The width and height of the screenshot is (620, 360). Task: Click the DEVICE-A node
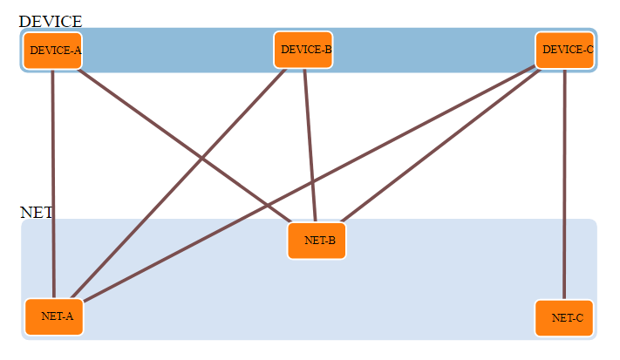52,51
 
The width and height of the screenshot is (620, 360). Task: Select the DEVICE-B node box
303,50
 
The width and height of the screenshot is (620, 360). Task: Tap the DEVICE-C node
565,51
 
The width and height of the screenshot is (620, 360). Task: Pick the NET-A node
54,316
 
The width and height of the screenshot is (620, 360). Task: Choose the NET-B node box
317,241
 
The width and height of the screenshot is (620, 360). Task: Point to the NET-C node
564,318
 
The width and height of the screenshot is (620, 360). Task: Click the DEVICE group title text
50,21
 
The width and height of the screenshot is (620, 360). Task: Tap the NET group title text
36,213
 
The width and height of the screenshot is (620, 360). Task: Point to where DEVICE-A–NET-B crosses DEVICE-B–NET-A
203,158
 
